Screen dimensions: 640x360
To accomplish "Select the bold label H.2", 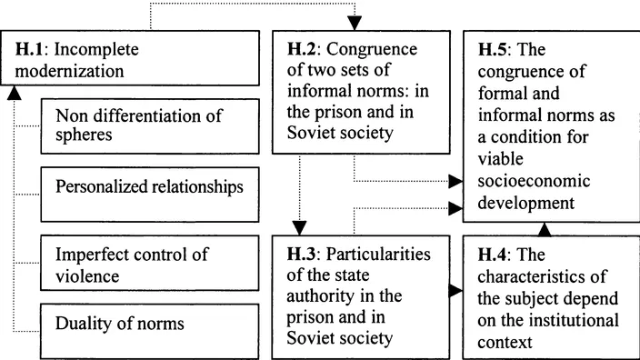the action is pyautogui.click(x=299, y=49).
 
